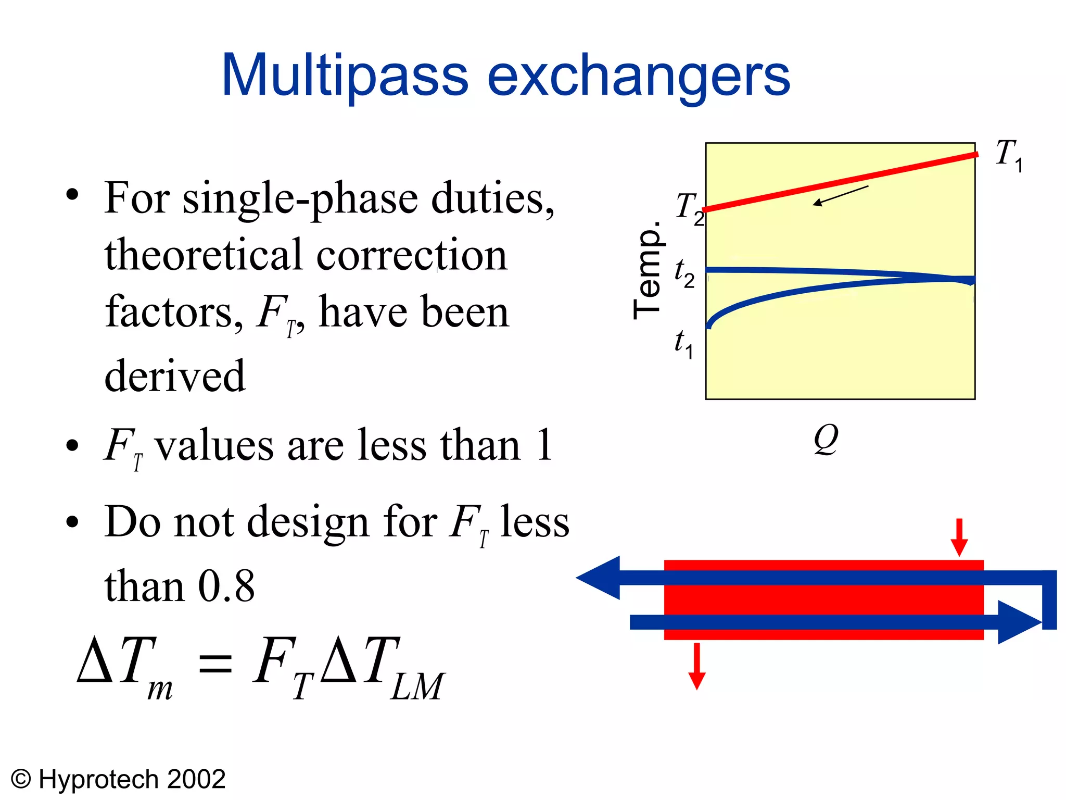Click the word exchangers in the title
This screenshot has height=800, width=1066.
(639, 77)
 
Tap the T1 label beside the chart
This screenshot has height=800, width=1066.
(1008, 155)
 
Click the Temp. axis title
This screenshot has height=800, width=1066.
(648, 270)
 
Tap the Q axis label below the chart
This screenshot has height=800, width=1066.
(826, 439)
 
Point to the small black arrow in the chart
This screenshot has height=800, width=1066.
(840, 196)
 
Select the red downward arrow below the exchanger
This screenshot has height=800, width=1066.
(696, 667)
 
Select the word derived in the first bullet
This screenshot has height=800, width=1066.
(175, 376)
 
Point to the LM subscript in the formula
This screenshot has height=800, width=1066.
(417, 687)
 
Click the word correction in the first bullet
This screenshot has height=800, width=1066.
(411, 255)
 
